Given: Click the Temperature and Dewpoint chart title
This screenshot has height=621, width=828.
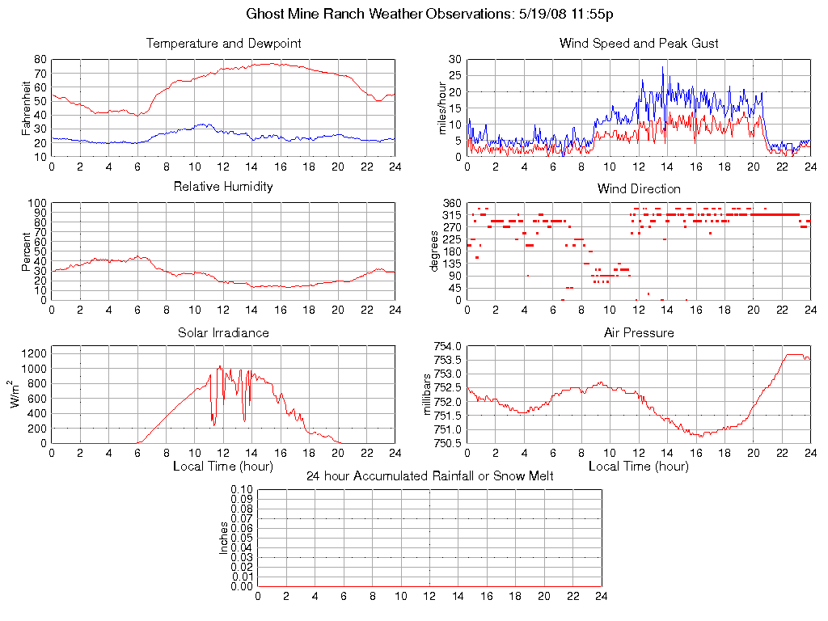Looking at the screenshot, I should [x=223, y=44].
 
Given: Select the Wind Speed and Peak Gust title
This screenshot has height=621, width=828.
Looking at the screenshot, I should [x=639, y=44].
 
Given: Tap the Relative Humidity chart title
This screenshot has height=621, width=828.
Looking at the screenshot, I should [x=223, y=187].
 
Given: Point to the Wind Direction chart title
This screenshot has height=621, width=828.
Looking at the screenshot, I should [x=639, y=189].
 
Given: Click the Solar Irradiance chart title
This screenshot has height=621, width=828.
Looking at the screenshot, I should [x=223, y=332].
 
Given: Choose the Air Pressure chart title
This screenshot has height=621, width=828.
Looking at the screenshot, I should [x=639, y=332].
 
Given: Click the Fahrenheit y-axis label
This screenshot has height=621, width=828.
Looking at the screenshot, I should [x=27, y=108].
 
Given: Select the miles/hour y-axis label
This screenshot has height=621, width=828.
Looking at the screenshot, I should [x=442, y=108].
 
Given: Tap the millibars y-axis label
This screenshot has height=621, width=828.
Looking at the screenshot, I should [x=429, y=395].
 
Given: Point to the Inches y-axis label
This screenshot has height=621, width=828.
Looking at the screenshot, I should [x=225, y=538].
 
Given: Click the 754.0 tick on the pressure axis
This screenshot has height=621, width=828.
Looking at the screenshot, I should [x=446, y=346].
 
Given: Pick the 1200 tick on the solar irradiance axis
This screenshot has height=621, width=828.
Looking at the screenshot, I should [x=32, y=353].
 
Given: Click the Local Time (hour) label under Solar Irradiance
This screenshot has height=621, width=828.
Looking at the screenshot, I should [x=223, y=467].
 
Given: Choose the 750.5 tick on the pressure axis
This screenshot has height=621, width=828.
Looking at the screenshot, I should [x=446, y=443].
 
